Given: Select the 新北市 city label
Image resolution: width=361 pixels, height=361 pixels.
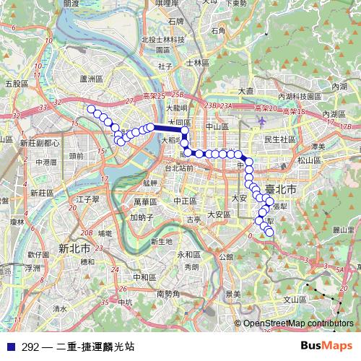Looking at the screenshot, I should [73, 247].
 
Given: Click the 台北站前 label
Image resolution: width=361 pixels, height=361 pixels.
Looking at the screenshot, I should [180, 168].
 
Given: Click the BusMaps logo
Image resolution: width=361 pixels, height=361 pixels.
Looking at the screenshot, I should [327, 346].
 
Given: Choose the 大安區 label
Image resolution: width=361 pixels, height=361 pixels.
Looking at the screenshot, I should [219, 214].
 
